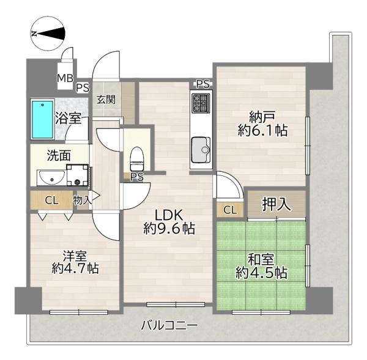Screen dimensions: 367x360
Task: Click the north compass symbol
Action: point(48,33)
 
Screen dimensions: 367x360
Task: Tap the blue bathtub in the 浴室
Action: point(42,119)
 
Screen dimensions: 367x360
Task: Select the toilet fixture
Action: point(136,158)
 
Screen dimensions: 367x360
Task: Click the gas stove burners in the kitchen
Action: point(201,103)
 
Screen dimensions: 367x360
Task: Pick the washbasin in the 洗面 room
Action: point(52,177)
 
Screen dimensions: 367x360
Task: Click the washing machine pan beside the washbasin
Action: point(77,175)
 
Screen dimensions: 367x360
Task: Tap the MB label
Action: point(65,78)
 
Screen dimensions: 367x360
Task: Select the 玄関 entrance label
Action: point(106,100)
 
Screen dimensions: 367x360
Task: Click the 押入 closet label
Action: point(276,204)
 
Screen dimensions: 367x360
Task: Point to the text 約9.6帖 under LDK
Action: point(169,229)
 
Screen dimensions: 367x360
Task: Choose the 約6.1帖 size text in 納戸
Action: point(262,130)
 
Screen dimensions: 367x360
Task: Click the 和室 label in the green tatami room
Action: point(261,260)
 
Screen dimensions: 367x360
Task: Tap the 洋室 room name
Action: point(75,256)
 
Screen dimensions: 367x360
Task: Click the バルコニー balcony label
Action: point(169,325)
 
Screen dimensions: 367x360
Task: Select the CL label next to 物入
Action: point(52,200)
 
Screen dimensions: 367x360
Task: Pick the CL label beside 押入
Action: point(230,210)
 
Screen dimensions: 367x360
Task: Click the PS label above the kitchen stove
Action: point(202,84)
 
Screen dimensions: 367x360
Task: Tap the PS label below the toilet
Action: point(136,177)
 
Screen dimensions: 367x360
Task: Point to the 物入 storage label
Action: point(82,200)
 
